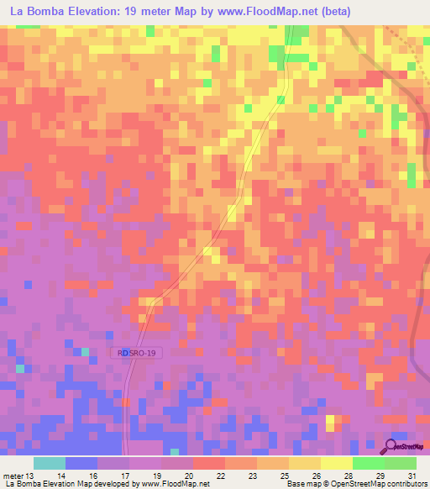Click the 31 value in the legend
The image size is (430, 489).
pos(412,476)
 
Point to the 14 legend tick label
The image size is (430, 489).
pos(60,476)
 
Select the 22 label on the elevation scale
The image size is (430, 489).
pos(220,476)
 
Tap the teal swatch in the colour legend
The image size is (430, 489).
pos(50,463)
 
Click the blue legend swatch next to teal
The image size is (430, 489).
pos(81,463)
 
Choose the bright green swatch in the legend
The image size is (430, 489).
pos(369,463)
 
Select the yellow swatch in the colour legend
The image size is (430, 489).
pos(337,463)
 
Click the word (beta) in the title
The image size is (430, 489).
pos(333,11)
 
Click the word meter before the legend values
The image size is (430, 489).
pos(14,476)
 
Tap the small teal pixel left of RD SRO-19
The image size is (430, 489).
pos(85,351)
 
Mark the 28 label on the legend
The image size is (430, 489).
pos(348,476)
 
